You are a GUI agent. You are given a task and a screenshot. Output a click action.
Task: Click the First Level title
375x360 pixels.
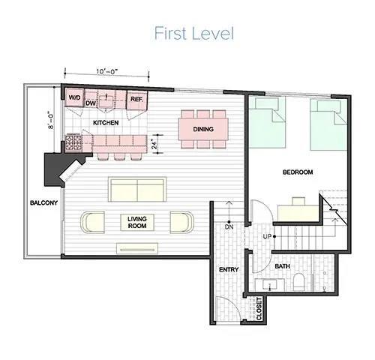tap(194, 34)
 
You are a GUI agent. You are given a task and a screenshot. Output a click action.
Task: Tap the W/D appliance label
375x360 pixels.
tap(74, 98)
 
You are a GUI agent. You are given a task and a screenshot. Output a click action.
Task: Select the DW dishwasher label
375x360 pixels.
tap(91, 103)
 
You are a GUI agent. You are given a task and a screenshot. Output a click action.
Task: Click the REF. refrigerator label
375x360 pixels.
tap(136, 98)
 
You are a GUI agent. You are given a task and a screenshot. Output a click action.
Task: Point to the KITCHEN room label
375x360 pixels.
tap(106, 121)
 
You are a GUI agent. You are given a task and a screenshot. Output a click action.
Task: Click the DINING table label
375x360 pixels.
tap(203, 129)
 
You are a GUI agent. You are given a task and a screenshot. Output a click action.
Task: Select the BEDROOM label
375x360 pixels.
tap(298, 172)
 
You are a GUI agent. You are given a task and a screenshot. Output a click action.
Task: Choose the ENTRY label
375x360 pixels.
tap(228, 269)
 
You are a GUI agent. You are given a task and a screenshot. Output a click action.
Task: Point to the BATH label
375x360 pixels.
tap(283, 265)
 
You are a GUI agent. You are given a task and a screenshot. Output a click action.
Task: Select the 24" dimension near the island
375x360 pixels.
tap(155, 142)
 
